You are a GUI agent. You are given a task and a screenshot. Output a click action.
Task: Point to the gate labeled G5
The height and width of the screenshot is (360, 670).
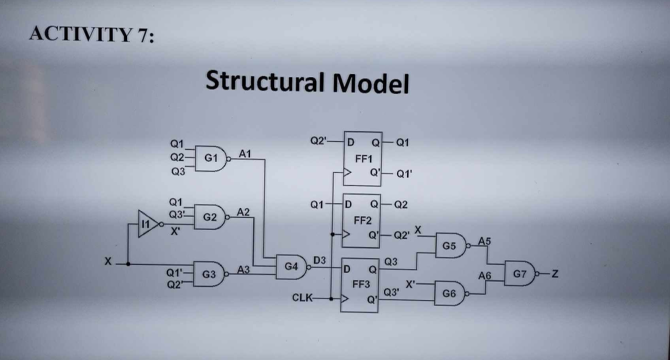point(451,246)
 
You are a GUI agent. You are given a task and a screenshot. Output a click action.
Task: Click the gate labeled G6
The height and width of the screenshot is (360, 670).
point(449,293)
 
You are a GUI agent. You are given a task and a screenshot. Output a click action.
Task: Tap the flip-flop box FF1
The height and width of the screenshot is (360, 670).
point(363,158)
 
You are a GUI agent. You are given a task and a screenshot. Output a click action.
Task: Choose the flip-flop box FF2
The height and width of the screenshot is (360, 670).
point(363,220)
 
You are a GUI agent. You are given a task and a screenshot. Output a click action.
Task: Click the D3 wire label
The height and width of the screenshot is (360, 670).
point(320,260)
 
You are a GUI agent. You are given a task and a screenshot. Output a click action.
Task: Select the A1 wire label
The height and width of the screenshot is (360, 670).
point(245,153)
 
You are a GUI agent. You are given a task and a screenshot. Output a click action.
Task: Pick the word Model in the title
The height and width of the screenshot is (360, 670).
point(371,83)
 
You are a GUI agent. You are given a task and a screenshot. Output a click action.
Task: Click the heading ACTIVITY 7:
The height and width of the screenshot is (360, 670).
point(92,35)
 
